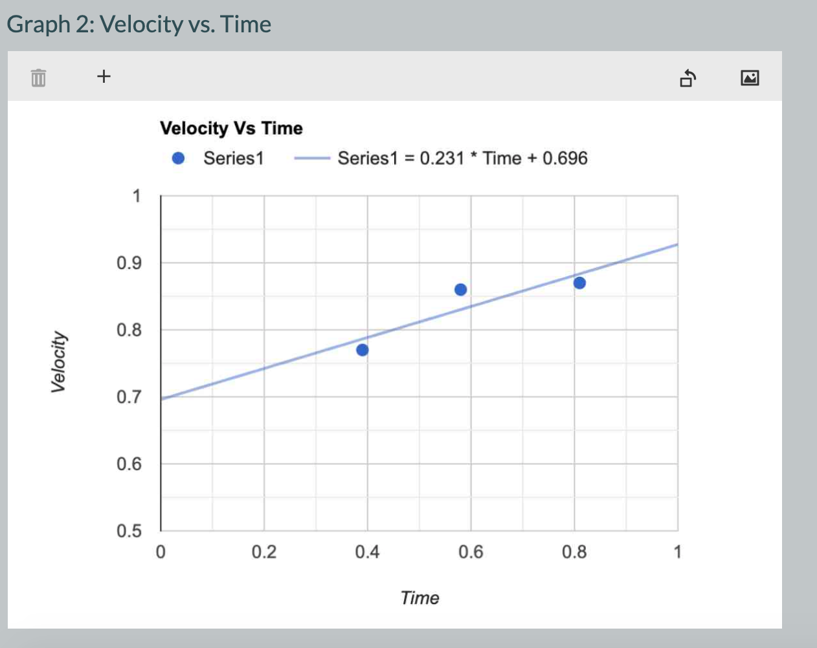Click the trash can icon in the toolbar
point(39,78)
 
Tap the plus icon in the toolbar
point(104,76)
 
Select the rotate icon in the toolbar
point(688,78)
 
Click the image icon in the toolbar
point(750,78)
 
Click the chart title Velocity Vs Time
point(231,128)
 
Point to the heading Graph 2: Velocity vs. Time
point(139,25)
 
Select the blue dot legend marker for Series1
point(178,158)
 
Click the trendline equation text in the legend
point(462,158)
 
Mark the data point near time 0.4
point(363,350)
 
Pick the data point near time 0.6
point(460,290)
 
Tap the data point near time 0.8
point(579,283)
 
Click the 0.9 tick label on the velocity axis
point(129,263)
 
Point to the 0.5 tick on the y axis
point(129,531)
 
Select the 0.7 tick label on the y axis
point(129,397)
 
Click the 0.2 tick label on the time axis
point(263,552)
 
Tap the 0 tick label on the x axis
point(161,552)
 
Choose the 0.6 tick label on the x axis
point(471,552)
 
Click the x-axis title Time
point(420,598)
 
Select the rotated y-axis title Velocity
point(58,362)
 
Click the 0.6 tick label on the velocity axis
point(129,464)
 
